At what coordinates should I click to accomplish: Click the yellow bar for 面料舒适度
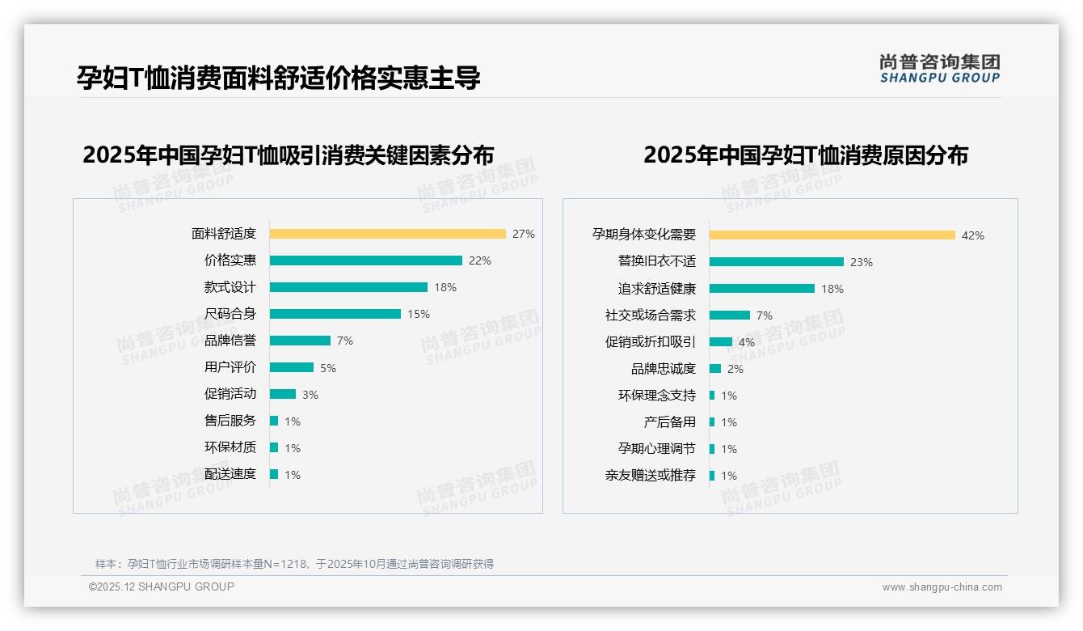(387, 234)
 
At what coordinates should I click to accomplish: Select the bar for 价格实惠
(365, 260)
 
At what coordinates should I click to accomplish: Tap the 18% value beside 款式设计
(445, 287)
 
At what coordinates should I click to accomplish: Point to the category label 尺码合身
(230, 314)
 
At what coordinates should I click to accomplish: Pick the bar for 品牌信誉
(300, 341)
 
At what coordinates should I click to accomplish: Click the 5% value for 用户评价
(328, 368)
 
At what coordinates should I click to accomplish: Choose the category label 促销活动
(230, 394)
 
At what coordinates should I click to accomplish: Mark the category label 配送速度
(230, 474)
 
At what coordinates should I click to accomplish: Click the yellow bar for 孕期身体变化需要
(832, 235)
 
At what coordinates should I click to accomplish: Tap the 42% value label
(973, 235)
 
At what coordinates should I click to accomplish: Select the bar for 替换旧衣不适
(777, 262)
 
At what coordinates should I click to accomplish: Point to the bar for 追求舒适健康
(762, 289)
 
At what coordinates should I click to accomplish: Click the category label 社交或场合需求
(651, 315)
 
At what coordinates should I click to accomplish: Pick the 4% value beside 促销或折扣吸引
(747, 342)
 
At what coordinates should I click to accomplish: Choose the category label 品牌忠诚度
(664, 369)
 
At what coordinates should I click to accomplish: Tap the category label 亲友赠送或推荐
(651, 476)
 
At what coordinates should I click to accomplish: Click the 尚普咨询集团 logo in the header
(940, 68)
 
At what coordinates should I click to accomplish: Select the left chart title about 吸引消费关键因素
(288, 155)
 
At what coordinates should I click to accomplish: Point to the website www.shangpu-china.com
(942, 587)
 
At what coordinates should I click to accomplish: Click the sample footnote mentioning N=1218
(294, 564)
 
